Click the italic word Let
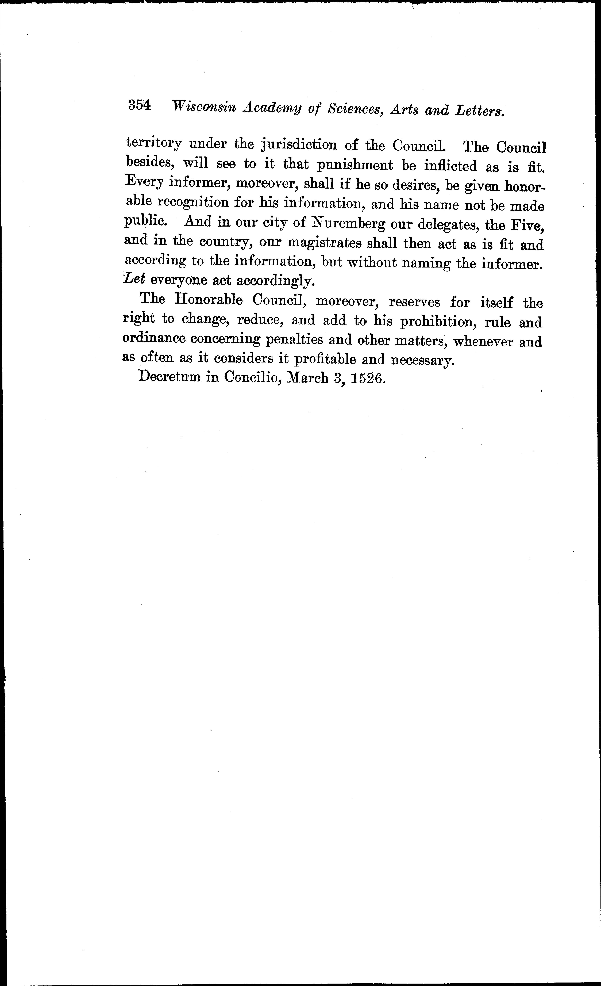point(134,279)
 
